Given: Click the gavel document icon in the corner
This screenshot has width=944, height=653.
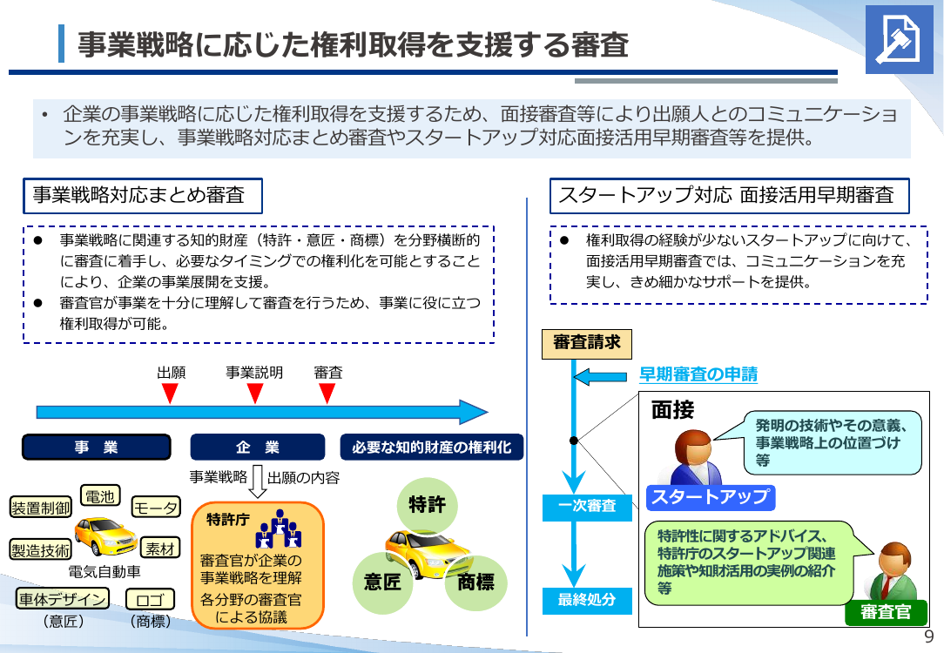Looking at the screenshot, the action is tap(899, 40).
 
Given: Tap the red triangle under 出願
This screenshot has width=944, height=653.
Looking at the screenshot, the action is tap(171, 394).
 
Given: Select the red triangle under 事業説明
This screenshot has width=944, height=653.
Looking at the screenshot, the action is tap(255, 394).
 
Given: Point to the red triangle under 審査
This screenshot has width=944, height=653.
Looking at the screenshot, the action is tap(327, 394).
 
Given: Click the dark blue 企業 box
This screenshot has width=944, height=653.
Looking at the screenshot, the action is tap(258, 448).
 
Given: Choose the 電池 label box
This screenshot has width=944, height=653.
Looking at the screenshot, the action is tap(100, 496).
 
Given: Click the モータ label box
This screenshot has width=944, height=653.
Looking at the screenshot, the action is tap(156, 508).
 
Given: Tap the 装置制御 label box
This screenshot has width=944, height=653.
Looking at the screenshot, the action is tap(41, 508).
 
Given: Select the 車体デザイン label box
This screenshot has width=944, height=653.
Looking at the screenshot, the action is tap(63, 599).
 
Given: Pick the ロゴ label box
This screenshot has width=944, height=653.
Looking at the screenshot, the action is tap(151, 599).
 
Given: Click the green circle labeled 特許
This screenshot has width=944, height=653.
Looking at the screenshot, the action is tap(428, 504).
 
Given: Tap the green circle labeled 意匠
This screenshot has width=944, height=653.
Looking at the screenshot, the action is tap(382, 582).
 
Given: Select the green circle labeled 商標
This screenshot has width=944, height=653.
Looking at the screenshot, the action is tap(475, 582).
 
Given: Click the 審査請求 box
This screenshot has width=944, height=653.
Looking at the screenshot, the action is tap(587, 344).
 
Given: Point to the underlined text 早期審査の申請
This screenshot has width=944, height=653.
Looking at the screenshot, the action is tap(698, 374).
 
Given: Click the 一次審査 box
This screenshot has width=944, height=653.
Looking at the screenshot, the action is tap(587, 507).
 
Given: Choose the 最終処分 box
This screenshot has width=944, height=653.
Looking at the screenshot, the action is tap(587, 600).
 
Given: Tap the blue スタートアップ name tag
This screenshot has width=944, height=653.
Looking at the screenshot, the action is tap(711, 497).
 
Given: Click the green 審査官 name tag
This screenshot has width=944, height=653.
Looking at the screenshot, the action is tap(886, 612).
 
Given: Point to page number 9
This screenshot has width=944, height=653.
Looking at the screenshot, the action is tap(929, 636).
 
